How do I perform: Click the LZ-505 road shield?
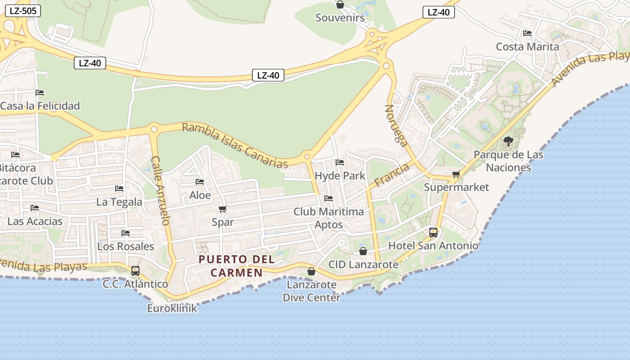click(22, 11)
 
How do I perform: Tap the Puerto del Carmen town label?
click(237, 266)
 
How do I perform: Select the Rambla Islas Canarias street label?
click(234, 145)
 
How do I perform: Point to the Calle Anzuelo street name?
click(160, 190)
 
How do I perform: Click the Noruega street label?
click(396, 126)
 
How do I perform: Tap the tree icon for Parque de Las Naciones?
click(508, 141)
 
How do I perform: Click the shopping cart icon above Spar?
click(222, 209)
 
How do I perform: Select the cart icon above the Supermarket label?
click(456, 174)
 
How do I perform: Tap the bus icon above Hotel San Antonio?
click(433, 232)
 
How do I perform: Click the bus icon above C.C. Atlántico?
click(135, 270)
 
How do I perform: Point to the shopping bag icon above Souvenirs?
click(340, 4)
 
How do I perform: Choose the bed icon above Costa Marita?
click(527, 33)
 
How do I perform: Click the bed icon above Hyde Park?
click(340, 162)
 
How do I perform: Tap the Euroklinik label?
click(172, 308)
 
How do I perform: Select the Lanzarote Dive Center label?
click(311, 291)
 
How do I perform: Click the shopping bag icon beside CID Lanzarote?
click(363, 251)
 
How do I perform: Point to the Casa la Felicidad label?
click(40, 106)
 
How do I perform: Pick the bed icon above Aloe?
click(200, 182)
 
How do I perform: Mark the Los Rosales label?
click(126, 246)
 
